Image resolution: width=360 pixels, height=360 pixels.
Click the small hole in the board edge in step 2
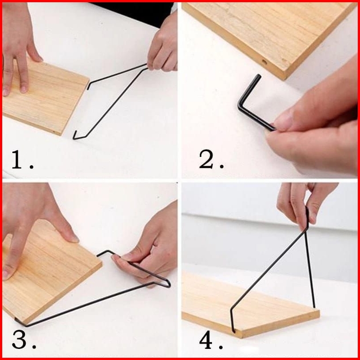coord(264,61)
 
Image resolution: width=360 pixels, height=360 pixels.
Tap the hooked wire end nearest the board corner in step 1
coord(75,136)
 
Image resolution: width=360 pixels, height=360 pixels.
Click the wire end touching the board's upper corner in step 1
coord(88,86)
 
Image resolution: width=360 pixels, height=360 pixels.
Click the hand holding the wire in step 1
coord(163,46)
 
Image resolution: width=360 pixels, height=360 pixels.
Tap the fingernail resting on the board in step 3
coord(74,238)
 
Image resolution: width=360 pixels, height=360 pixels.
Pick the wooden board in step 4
coord(250,305)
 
